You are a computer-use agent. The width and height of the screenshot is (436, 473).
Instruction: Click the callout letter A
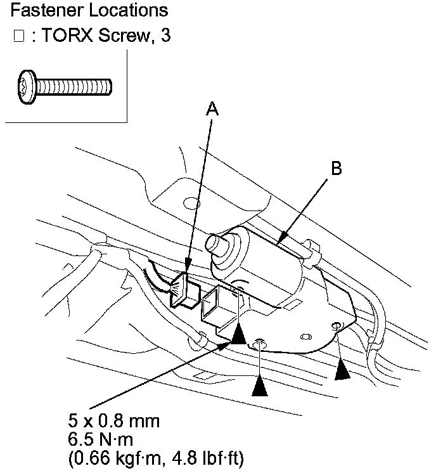[213, 110]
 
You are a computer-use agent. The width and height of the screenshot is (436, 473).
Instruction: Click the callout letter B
[337, 168]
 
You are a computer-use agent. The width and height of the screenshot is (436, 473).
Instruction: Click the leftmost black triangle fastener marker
[238, 334]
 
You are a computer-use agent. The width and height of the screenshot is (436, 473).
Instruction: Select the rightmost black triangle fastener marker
[342, 370]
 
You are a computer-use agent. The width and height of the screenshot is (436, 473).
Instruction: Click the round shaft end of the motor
[217, 243]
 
